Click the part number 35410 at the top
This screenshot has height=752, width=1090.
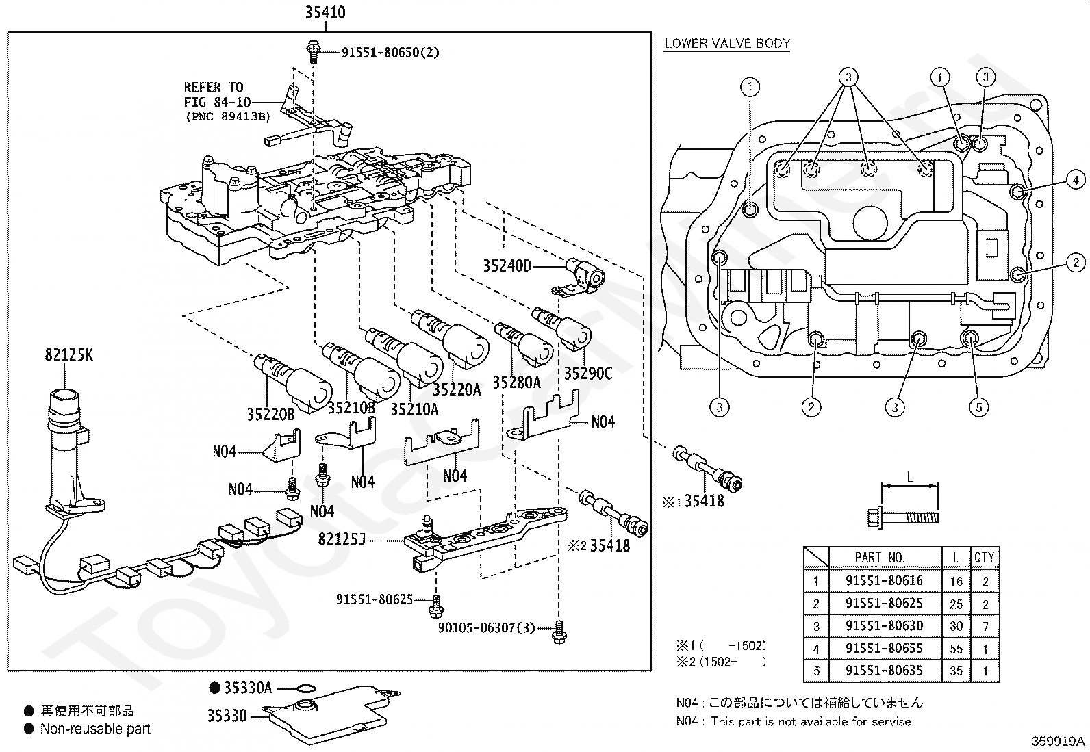325,12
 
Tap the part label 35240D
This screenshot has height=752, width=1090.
507,266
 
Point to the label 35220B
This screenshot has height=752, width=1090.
270,414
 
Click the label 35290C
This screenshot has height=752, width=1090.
588,374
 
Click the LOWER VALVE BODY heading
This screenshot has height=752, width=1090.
727,44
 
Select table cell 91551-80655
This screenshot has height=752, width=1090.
884,648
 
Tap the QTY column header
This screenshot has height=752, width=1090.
984,558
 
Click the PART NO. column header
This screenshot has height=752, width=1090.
880,558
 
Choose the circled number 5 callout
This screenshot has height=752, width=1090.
978,407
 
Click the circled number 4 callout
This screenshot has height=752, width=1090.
1076,181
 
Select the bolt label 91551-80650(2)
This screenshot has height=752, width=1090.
391,52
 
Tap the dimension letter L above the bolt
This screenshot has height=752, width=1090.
910,478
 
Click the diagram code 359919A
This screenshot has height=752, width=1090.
1059,741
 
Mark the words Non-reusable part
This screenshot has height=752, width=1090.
95,729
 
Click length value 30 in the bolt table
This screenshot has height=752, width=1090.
956,626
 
